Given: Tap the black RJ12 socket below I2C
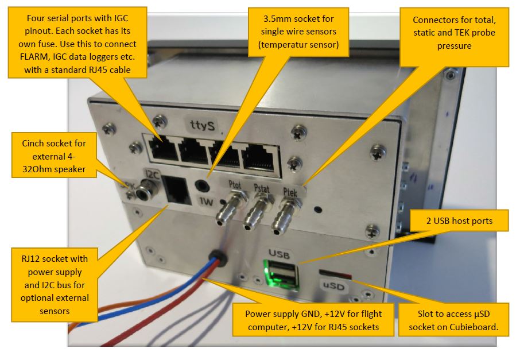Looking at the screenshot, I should [x=177, y=189].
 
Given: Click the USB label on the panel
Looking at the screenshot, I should [x=280, y=251].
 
